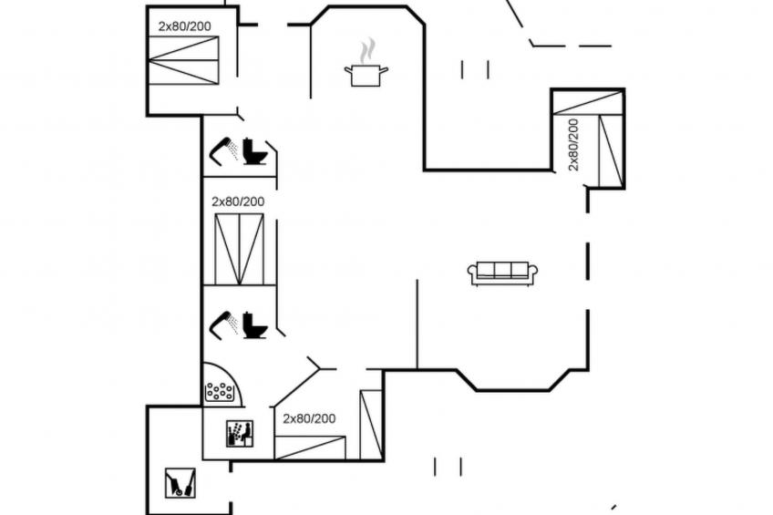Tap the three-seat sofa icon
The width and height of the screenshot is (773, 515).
[502, 273]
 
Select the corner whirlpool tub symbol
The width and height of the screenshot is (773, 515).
[223, 385]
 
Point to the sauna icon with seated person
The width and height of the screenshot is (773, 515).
[240, 434]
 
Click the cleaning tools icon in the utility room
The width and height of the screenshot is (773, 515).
[180, 482]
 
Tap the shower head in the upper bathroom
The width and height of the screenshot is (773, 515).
[224, 149]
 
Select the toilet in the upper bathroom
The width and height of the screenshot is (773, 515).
[255, 151]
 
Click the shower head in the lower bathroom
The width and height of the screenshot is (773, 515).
[224, 324]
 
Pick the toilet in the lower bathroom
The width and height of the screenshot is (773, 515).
[255, 325]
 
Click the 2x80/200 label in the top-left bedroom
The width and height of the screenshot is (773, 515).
[184, 26]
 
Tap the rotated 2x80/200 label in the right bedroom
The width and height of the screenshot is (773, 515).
[573, 145]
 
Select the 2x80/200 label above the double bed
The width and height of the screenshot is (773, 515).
[238, 201]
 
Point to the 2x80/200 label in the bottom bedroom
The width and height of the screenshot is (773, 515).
[309, 419]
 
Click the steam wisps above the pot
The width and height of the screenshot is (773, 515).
[366, 52]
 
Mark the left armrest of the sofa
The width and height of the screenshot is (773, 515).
[472, 271]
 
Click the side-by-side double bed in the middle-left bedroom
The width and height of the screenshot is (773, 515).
[240, 250]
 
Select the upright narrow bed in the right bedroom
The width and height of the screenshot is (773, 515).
[611, 150]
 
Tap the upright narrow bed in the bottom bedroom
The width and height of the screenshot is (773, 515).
[371, 425]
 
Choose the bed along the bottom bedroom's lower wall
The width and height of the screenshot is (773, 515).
[310, 448]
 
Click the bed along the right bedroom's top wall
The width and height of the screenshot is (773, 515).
[588, 103]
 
